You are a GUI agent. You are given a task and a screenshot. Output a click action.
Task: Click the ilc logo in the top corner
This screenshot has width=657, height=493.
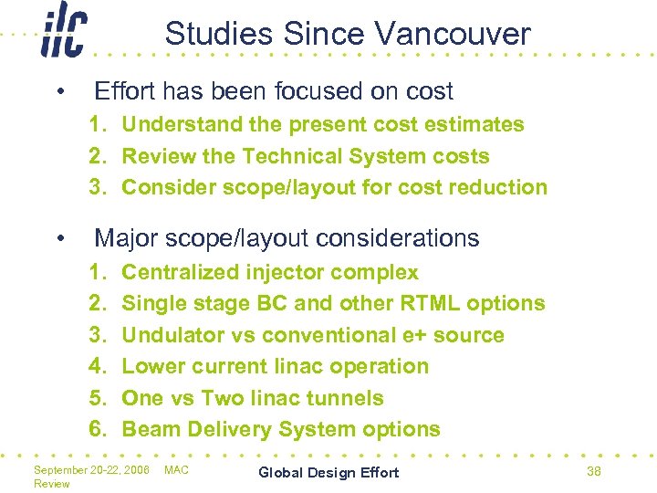click(x=63, y=36)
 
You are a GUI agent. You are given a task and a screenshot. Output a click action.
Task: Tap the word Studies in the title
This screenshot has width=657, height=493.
click(x=220, y=35)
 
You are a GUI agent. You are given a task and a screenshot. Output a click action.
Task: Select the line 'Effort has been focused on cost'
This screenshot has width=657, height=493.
click(x=274, y=90)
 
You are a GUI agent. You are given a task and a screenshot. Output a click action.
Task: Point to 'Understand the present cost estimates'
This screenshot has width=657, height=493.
click(x=322, y=124)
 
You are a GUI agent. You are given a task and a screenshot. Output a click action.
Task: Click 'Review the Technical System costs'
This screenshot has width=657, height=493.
click(x=305, y=156)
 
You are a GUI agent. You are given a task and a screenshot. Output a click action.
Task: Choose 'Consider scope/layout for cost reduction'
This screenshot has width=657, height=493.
click(x=334, y=187)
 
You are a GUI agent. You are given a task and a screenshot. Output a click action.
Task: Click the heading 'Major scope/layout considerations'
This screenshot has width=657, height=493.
click(x=287, y=238)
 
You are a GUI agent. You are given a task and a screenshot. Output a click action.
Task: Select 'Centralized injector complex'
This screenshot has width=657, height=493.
click(x=269, y=272)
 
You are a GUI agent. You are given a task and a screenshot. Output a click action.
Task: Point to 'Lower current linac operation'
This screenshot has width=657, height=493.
click(x=275, y=366)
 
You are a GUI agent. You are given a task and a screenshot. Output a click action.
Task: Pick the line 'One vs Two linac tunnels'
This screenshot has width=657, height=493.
click(x=252, y=398)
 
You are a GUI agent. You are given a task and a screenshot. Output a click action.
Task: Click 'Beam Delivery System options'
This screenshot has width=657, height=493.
click(x=280, y=429)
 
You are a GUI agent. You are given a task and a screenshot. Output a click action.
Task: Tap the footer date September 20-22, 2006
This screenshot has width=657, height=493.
click(x=91, y=469)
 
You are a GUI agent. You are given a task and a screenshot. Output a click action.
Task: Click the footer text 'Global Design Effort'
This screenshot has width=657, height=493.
click(x=328, y=472)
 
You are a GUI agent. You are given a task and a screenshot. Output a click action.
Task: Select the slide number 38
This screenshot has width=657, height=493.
click(x=594, y=471)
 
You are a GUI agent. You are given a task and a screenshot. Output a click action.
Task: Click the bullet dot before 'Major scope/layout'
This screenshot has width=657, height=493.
click(x=59, y=239)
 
